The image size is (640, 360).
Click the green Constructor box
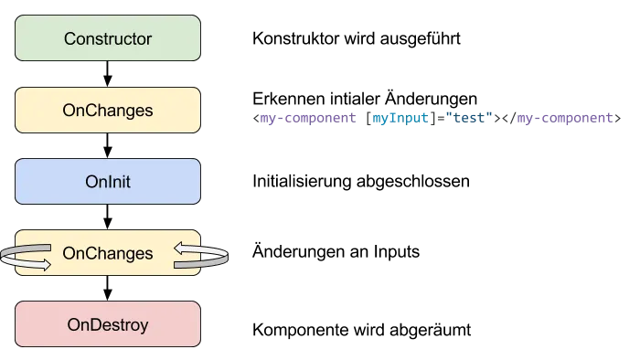pos(108,38)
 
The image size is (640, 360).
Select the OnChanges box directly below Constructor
pos(108,111)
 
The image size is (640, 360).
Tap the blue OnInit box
pos(108,182)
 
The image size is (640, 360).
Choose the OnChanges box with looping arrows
pos(108,253)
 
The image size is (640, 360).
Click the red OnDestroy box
pos(108,324)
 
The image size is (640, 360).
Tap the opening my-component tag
pos(307,118)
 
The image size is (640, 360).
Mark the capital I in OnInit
pos(106,182)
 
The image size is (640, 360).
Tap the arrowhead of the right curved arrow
pos(180,247)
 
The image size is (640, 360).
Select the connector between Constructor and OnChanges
pos(108,74)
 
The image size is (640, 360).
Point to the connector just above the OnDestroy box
pos(108,289)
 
